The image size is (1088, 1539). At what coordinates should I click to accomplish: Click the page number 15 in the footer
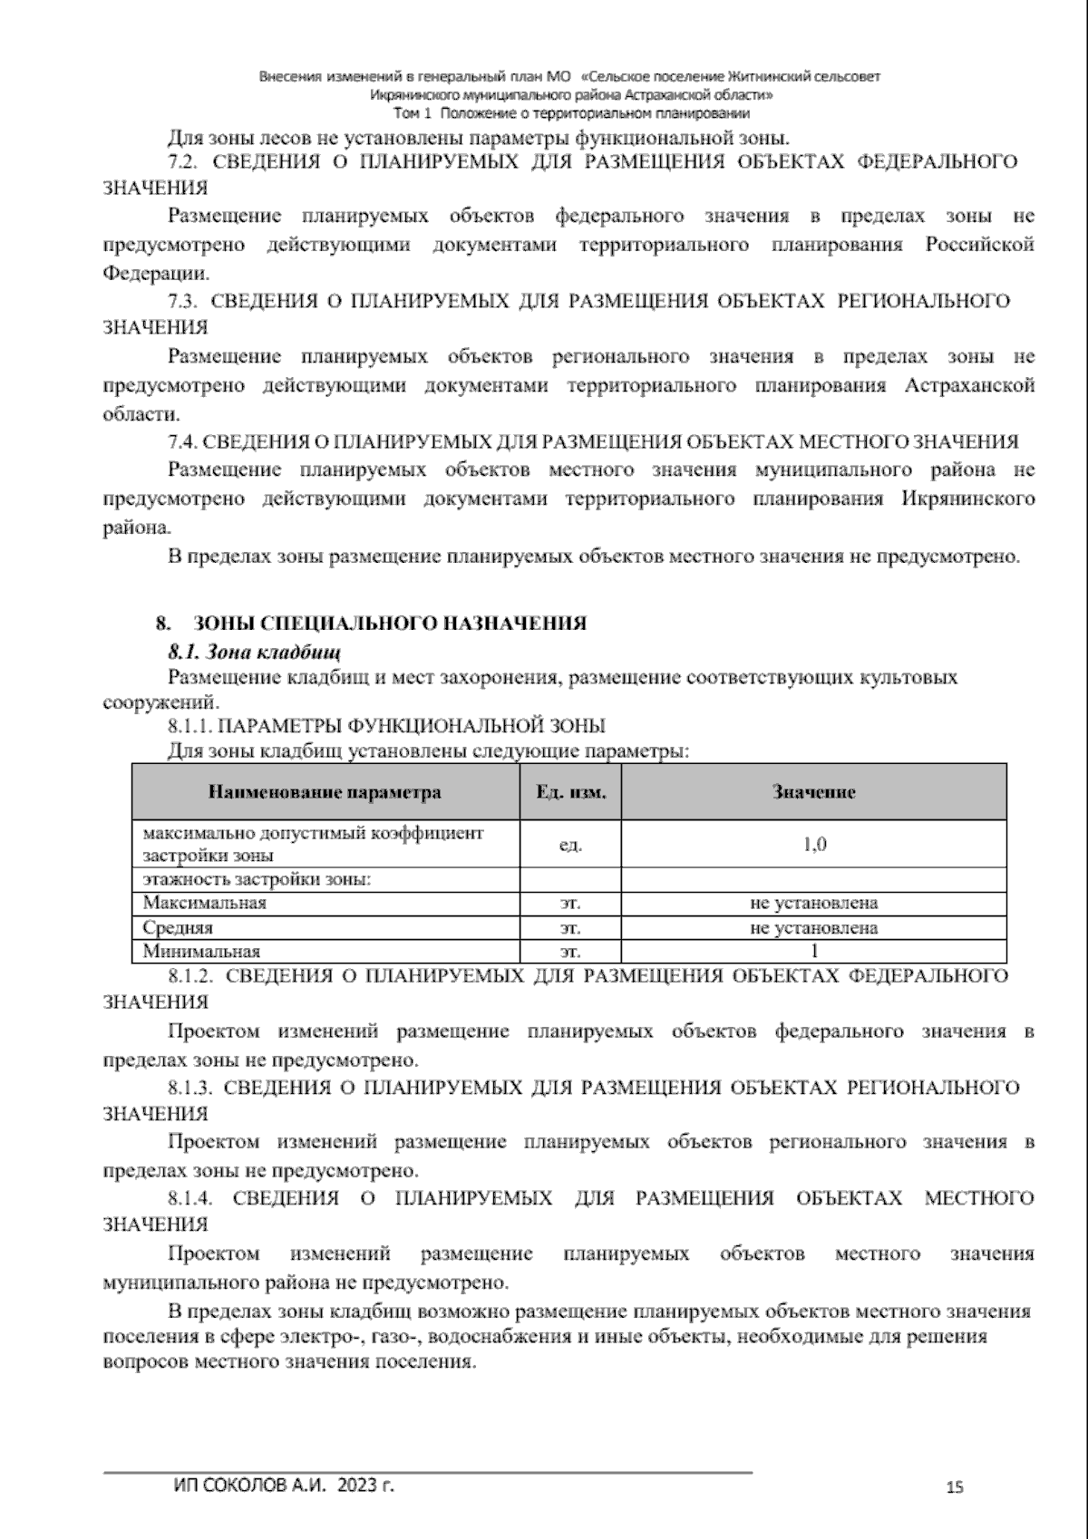954,1487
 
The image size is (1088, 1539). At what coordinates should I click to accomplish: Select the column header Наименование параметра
325,792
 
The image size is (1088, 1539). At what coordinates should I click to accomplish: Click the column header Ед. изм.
570,792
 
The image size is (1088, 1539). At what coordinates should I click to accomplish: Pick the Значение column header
813,792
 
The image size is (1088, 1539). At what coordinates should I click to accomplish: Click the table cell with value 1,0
813,845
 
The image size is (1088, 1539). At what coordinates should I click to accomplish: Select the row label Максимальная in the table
204,903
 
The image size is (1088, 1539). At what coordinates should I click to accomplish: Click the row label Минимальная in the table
201,951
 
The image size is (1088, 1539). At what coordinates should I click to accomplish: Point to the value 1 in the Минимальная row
813,951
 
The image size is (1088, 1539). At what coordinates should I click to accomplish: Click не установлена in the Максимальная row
813,903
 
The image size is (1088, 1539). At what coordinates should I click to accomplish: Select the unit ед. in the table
570,845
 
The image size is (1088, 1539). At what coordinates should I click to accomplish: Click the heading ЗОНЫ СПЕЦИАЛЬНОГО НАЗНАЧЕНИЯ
389,624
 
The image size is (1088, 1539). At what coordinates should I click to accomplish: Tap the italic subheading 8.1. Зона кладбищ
254,652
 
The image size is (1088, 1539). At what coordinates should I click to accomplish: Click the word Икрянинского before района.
968,499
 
